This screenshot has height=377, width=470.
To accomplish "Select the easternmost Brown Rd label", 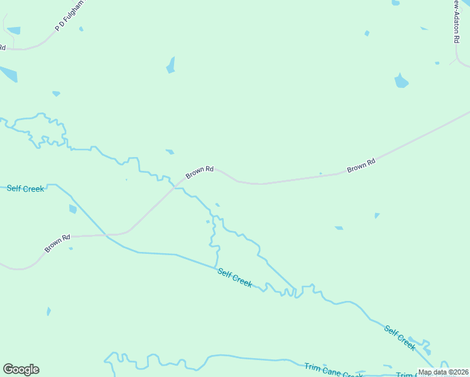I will tap(361, 165).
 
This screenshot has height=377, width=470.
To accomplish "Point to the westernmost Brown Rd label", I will tap(57, 243).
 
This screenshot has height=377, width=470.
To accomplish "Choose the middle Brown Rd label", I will tap(200, 172).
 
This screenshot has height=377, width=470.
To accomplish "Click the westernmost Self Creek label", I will tap(26, 188).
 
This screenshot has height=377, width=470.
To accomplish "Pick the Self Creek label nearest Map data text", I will tap(400, 338).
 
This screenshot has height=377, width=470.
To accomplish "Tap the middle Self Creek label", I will tap(235, 278).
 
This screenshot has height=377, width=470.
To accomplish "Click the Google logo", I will tap(21, 369).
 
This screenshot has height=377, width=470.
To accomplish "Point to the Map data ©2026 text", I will tap(444, 372).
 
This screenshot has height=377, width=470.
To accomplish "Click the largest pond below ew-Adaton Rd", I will tap(401, 81).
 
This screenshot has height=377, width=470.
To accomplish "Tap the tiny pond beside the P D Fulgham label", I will tap(81, 29).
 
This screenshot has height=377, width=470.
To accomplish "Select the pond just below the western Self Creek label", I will tap(73, 209).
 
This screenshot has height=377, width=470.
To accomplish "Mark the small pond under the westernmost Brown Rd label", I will tap(70, 249).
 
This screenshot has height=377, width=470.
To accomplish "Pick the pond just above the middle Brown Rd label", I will tap(170, 151).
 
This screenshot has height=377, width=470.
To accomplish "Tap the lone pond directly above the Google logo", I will tap(48, 311).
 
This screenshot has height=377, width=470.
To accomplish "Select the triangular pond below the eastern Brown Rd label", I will tap(376, 216).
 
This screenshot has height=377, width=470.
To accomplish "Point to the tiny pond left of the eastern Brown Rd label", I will tap(320, 173).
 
